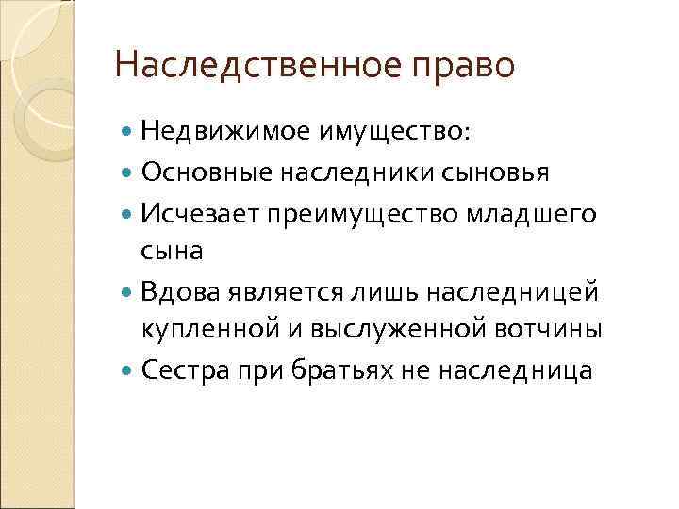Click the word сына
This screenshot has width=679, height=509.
tap(173, 252)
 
